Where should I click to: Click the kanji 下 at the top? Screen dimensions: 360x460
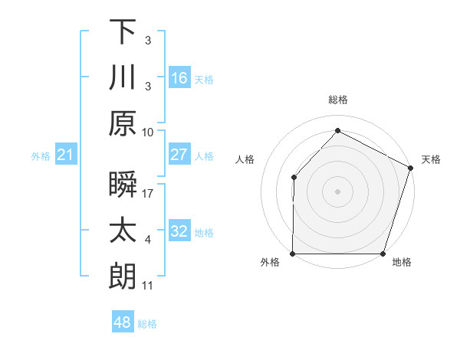tap(123, 32)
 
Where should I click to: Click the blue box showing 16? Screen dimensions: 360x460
tap(179, 78)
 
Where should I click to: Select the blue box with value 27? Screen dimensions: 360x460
tap(179, 155)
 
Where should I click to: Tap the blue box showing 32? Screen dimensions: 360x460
tap(179, 231)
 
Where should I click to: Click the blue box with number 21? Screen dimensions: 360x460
tap(66, 155)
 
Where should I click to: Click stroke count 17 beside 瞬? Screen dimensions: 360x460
tap(148, 194)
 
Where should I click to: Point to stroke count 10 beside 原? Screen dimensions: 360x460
tap(148, 132)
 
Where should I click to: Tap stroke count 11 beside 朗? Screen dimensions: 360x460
tap(148, 286)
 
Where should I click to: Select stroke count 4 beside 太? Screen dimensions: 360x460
tap(148, 240)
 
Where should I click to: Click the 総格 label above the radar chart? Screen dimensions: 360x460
tap(338, 100)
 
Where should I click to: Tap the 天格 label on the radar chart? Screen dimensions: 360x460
tap(432, 159)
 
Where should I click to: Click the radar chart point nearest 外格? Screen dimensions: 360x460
tap(293, 254)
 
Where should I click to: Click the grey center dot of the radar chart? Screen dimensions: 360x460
tap(337, 191)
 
